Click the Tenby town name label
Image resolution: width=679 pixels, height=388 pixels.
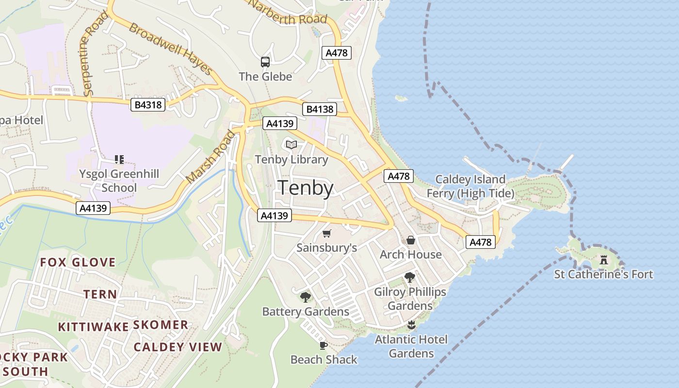pos(306,188)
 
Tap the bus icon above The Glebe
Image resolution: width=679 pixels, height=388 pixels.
pos(265,62)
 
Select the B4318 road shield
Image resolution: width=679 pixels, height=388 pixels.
pos(148,104)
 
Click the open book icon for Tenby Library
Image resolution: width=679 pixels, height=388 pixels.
pos(291,145)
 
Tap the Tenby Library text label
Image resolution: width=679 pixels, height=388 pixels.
pos(291,160)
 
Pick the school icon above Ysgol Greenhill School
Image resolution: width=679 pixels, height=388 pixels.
pos(119,159)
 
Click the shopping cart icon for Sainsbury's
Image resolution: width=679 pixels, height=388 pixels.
pos(327,234)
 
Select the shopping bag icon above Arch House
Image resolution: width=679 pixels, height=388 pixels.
pos(411,240)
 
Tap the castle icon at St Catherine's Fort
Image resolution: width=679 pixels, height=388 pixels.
pos(604,260)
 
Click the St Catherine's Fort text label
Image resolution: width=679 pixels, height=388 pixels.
pos(604,275)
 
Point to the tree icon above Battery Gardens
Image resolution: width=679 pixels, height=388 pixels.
pos(305,297)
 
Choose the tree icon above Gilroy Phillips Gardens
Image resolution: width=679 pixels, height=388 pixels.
pos(410,277)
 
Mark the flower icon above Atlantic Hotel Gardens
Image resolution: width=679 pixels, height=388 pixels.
pos(411,325)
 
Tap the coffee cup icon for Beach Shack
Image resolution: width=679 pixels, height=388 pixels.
pos(323,345)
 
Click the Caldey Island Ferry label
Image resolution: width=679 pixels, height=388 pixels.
pos(470,187)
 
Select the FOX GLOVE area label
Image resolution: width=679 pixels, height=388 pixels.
pos(78,263)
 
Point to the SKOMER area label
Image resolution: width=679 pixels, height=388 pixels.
pos(161,324)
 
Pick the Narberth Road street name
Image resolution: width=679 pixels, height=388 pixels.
pos(288,13)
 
